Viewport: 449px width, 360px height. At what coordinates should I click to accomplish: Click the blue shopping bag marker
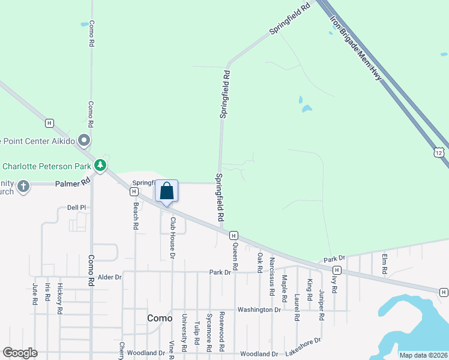(167, 191)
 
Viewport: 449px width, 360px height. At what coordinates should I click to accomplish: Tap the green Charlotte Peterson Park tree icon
(101, 165)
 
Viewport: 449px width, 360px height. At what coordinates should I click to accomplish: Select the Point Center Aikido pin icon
(84, 141)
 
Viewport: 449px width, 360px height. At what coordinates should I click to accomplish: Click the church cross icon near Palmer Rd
(23, 185)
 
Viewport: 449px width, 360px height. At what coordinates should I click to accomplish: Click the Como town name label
(159, 317)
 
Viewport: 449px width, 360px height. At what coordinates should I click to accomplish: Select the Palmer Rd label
(73, 182)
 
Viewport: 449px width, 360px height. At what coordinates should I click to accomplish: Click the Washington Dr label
(259, 310)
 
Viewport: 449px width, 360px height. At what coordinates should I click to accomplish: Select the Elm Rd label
(384, 264)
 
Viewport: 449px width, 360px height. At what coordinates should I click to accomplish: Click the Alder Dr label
(110, 277)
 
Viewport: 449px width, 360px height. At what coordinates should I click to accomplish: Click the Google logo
(20, 353)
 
